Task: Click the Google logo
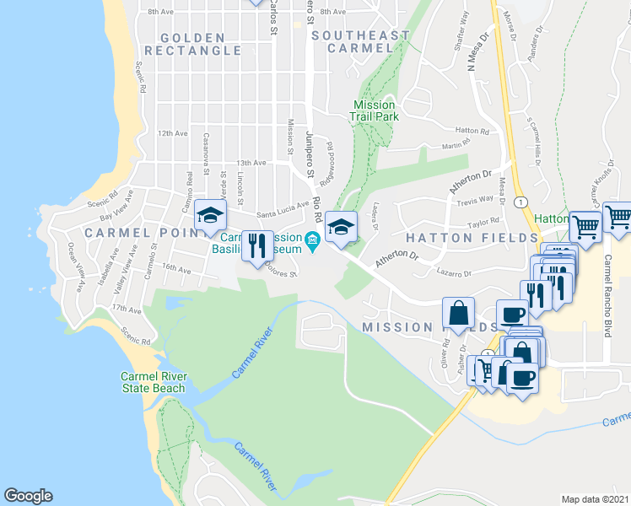click(28, 496)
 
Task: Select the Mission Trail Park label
click(375, 110)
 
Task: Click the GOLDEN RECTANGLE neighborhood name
click(192, 44)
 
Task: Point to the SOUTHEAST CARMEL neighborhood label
click(360, 41)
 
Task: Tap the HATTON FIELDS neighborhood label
click(462, 238)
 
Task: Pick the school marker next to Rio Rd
click(342, 228)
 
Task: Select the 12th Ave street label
click(171, 133)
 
